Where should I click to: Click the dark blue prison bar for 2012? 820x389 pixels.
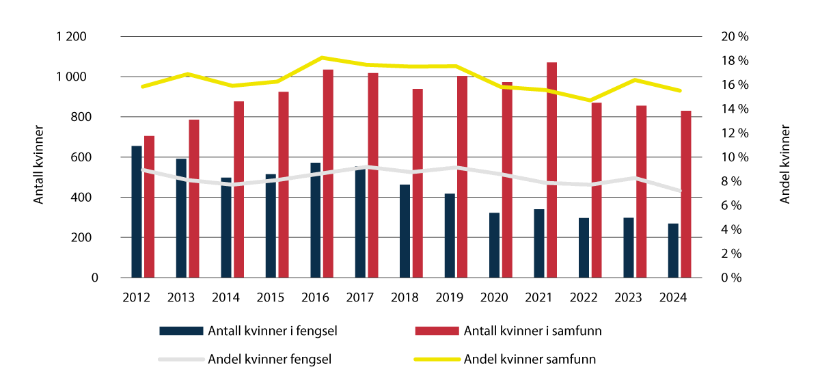click(x=137, y=212)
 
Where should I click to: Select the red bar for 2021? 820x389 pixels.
click(x=551, y=170)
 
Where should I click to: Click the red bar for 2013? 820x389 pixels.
click(x=194, y=199)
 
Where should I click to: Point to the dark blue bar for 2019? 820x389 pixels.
click(x=450, y=236)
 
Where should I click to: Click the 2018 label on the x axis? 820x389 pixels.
click(x=405, y=298)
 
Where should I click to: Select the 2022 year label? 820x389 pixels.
click(x=584, y=298)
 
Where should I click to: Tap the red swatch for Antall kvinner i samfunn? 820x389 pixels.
click(x=436, y=331)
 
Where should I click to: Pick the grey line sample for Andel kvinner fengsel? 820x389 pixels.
click(x=181, y=359)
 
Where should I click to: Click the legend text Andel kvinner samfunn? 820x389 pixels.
click(x=530, y=359)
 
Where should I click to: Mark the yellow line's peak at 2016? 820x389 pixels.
click(x=322, y=57)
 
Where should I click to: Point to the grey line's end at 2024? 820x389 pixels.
click(x=680, y=191)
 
